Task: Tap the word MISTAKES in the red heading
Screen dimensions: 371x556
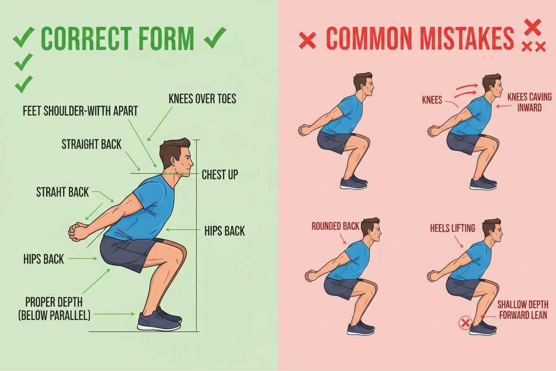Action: click(x=466, y=39)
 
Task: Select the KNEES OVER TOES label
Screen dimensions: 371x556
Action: click(x=202, y=99)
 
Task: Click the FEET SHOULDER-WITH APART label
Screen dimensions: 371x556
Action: click(x=80, y=111)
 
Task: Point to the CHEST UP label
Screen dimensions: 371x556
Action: click(x=220, y=174)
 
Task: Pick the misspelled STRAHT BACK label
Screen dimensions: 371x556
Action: click(x=62, y=192)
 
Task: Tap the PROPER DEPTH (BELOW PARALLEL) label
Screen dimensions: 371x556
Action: click(x=54, y=308)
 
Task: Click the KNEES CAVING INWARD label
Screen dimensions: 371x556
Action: click(x=529, y=102)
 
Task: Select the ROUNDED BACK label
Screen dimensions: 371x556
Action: click(x=335, y=226)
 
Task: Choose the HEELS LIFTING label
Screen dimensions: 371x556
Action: click(x=452, y=228)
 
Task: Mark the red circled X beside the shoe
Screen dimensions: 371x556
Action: click(x=466, y=322)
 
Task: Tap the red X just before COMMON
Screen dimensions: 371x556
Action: click(x=307, y=41)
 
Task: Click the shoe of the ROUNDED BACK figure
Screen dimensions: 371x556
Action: click(x=360, y=328)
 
